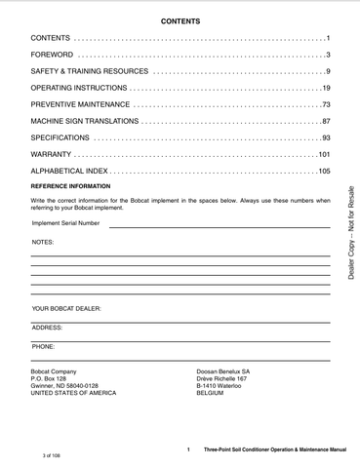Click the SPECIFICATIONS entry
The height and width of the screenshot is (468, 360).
(x=60, y=137)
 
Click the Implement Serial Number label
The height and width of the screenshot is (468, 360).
(x=65, y=222)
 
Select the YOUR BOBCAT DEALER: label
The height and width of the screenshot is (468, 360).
(x=66, y=308)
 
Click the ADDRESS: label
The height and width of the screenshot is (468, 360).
(x=47, y=328)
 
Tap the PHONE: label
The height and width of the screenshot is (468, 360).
(x=44, y=346)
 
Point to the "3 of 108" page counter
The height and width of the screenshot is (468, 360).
(x=53, y=455)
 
